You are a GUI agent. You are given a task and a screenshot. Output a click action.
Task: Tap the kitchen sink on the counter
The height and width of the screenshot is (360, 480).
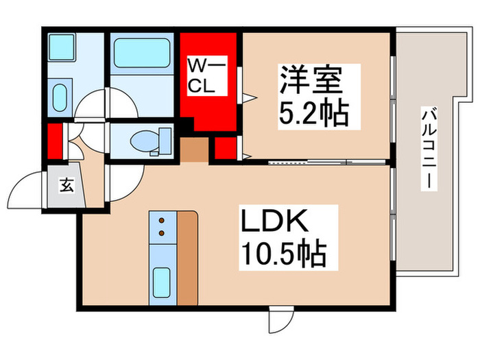pos(162,281)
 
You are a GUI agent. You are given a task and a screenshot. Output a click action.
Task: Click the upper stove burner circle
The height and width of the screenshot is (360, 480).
pos(162,221)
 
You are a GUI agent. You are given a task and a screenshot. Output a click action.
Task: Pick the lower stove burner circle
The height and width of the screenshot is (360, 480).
pos(162,234)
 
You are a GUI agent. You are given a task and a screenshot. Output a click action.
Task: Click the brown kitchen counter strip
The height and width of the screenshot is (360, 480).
pos(187,257)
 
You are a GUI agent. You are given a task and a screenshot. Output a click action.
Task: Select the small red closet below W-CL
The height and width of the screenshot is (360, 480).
pos(225,148)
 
